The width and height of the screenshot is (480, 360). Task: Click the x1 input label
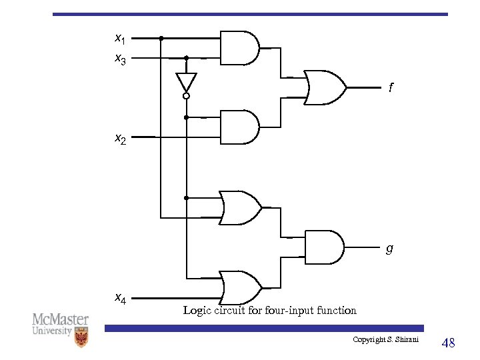pyautogui.click(x=120, y=38)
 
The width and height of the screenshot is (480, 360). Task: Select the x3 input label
pyautogui.click(x=120, y=59)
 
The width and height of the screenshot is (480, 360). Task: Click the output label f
pyautogui.click(x=391, y=87)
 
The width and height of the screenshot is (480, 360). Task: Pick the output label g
pyautogui.click(x=389, y=249)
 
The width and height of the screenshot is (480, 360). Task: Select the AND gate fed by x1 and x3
pyautogui.click(x=239, y=47)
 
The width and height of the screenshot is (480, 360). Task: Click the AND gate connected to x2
pyautogui.click(x=239, y=127)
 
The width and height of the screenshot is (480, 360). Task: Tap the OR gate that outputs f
pyautogui.click(x=325, y=87)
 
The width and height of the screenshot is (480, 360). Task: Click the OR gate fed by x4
pyautogui.click(x=240, y=287)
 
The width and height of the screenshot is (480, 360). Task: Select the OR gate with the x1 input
pyautogui.click(x=240, y=207)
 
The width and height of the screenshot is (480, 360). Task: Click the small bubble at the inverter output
pyautogui.click(x=187, y=96)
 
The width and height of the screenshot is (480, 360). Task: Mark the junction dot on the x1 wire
pyautogui.click(x=161, y=38)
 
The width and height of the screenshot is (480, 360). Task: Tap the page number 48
pyautogui.click(x=449, y=343)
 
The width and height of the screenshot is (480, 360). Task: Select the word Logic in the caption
pyautogui.click(x=196, y=310)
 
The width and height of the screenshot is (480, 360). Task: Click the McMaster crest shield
pyautogui.click(x=81, y=337)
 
